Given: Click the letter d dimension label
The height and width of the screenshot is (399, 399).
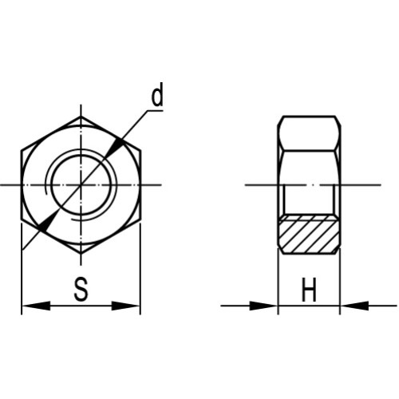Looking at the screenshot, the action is click(157, 94).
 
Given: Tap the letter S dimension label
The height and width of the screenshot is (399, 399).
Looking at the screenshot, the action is click(81, 289).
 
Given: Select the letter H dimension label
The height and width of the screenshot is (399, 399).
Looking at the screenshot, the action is click(309, 290).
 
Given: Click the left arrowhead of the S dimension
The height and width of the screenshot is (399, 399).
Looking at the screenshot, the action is click(36, 306).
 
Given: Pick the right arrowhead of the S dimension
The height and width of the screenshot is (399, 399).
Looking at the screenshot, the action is click(125, 306).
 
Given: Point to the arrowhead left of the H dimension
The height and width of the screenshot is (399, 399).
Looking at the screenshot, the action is click(263, 306).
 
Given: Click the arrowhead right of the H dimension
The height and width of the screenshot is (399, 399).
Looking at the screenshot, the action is click(354, 306).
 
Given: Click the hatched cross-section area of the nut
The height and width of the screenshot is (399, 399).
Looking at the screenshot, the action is click(309, 235).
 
